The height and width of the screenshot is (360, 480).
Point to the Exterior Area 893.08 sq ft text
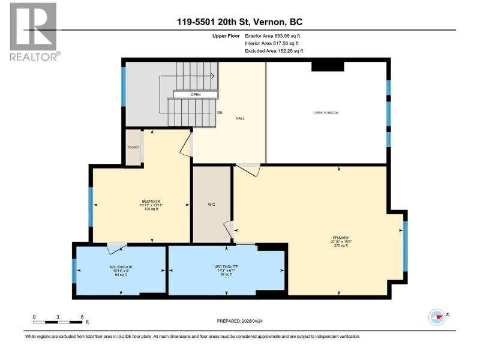point(272,36)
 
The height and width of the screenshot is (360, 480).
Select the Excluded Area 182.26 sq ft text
point(274,51)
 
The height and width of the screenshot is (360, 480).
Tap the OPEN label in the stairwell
point(196,95)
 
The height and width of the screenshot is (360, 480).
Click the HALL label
point(240,118)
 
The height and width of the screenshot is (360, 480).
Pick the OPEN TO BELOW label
point(326,113)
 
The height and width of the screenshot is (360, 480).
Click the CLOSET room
point(133,148)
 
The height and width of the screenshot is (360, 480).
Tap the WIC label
point(212,205)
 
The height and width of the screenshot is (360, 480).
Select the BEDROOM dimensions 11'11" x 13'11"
point(151,205)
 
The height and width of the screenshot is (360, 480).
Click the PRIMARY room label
point(341,238)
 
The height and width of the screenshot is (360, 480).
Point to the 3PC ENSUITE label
point(121,267)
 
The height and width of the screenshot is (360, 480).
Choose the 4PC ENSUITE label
point(226,266)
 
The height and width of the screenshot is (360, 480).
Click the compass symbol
point(437,317)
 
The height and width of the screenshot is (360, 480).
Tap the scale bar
point(58,322)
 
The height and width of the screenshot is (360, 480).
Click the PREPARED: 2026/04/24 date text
point(239,321)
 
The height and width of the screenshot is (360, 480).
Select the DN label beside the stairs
point(220,113)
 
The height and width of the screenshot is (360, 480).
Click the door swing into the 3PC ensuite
point(116,248)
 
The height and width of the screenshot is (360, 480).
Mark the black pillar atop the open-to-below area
point(328,67)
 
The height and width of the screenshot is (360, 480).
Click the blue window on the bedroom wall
point(91,206)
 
